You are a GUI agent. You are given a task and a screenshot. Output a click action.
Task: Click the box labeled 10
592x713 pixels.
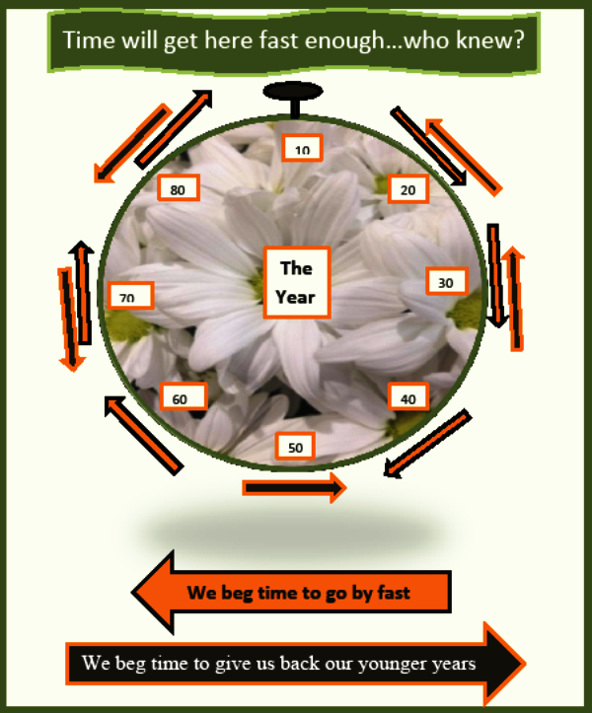point(302,147)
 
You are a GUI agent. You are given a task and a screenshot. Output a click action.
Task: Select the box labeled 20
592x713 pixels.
point(408,188)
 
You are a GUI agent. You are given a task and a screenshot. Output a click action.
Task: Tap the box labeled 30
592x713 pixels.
point(447,281)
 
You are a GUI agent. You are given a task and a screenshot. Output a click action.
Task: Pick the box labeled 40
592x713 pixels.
point(408,396)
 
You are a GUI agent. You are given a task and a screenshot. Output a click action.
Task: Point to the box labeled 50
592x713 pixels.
point(295,446)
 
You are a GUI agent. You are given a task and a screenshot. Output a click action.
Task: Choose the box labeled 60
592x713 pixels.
point(184,396)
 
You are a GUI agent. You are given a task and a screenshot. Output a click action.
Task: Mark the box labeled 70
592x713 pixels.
point(131,296)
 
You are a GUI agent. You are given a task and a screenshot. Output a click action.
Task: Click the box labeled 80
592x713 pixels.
point(179,187)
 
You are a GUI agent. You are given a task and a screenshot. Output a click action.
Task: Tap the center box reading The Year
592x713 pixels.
point(297,282)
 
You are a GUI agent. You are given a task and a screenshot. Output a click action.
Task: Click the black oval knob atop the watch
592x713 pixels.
point(293,91)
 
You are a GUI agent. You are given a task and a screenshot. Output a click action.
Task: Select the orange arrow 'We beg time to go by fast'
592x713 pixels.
point(291,592)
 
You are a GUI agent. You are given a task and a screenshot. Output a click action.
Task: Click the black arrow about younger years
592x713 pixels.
point(296,663)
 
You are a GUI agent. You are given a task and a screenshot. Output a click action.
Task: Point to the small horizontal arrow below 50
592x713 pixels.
point(294,488)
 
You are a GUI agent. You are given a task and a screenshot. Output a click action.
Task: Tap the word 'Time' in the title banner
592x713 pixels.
point(89,40)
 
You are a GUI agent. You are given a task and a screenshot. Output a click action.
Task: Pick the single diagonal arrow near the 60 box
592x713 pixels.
point(144,436)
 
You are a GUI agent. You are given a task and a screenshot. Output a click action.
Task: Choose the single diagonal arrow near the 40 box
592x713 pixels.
point(427,444)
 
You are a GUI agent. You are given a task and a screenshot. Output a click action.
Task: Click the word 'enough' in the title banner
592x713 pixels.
point(344,40)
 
